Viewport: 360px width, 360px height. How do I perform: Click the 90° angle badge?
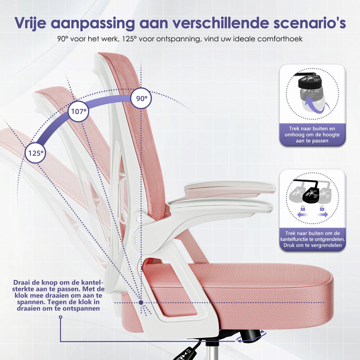click(141, 98)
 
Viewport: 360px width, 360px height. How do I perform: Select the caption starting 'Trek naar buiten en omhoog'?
click(312, 135)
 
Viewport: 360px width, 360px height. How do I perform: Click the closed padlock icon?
click(302, 208)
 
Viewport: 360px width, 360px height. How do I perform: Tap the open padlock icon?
click(322, 208)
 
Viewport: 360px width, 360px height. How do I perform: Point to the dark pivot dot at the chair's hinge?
click(141, 302)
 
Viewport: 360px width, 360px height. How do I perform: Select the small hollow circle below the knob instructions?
click(61, 317)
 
